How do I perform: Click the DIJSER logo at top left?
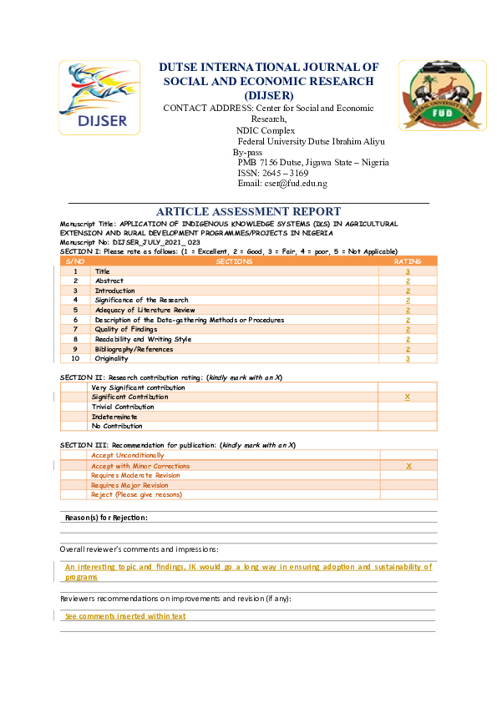[94, 97]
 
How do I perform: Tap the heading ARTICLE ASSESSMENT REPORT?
[248, 212]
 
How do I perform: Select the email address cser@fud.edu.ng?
[282, 184]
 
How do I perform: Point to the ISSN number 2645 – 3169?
[273, 173]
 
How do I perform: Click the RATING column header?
[408, 262]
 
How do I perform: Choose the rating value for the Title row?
[408, 272]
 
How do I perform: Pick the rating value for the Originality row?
[408, 358]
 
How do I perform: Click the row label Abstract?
[108, 281]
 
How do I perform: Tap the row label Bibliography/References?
[134, 349]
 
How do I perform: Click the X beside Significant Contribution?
[408, 397]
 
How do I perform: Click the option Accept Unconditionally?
[128, 456]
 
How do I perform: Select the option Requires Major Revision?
[129, 485]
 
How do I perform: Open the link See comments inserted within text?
[125, 616]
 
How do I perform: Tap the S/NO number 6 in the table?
[75, 320]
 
